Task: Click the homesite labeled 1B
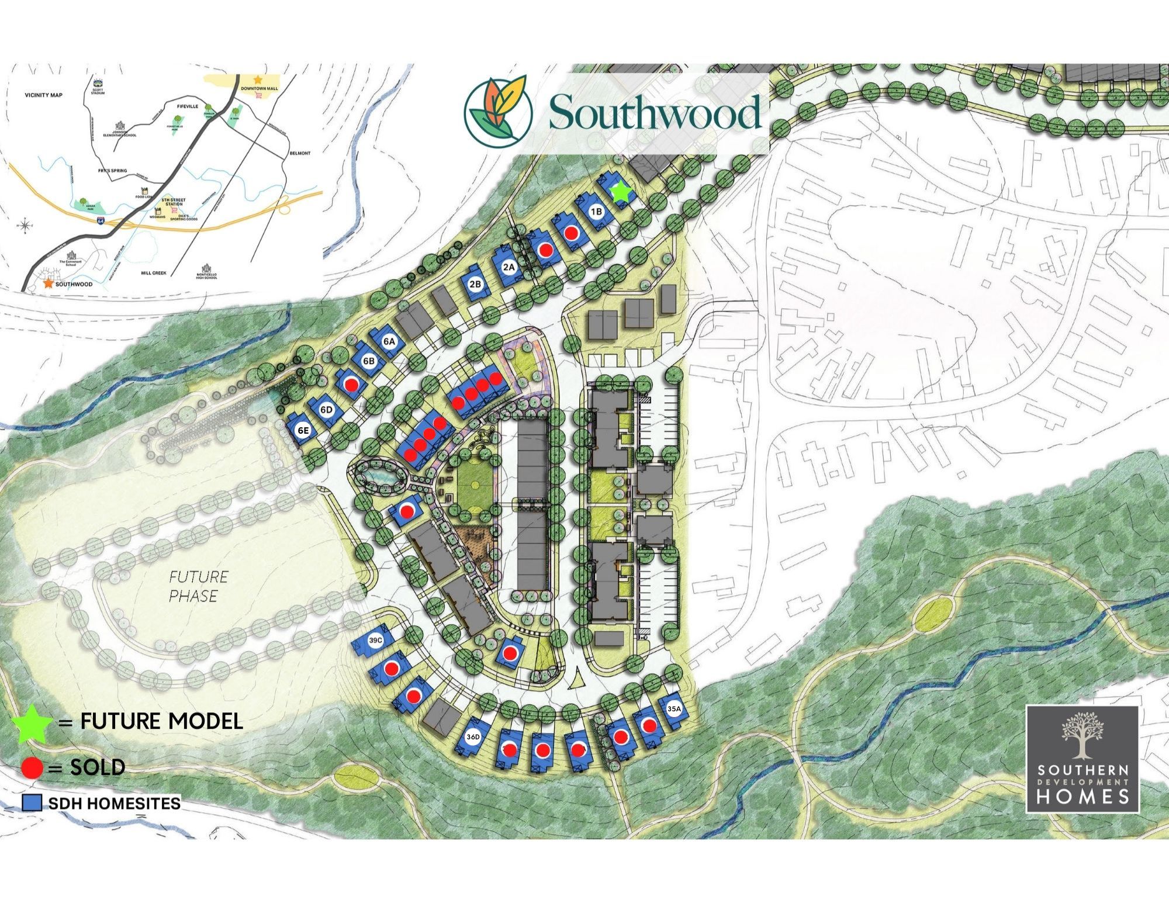pos(596,211)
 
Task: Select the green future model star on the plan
pos(620,192)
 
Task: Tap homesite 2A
pos(509,267)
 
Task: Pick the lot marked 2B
pos(475,284)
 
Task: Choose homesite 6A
pos(390,341)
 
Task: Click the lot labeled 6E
pos(303,431)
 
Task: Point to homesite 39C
pos(375,640)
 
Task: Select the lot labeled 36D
pos(473,737)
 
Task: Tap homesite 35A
pos(673,709)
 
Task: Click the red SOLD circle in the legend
pos(32,767)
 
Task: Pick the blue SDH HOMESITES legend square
pos(32,803)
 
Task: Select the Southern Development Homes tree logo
pos(1082,733)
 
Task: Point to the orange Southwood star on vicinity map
pos(47,283)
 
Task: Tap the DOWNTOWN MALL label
pos(260,88)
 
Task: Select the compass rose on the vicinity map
pos(25,225)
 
